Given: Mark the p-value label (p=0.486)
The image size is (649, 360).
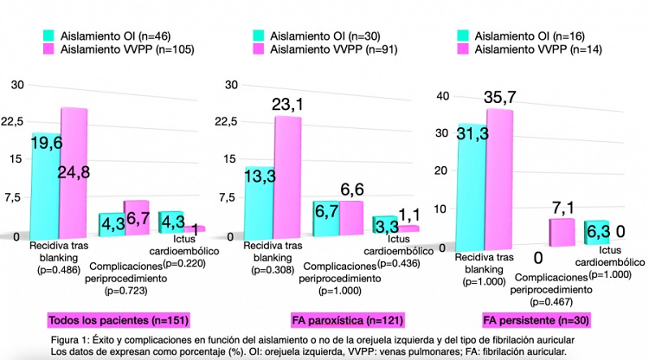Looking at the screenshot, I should point(55,270).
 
